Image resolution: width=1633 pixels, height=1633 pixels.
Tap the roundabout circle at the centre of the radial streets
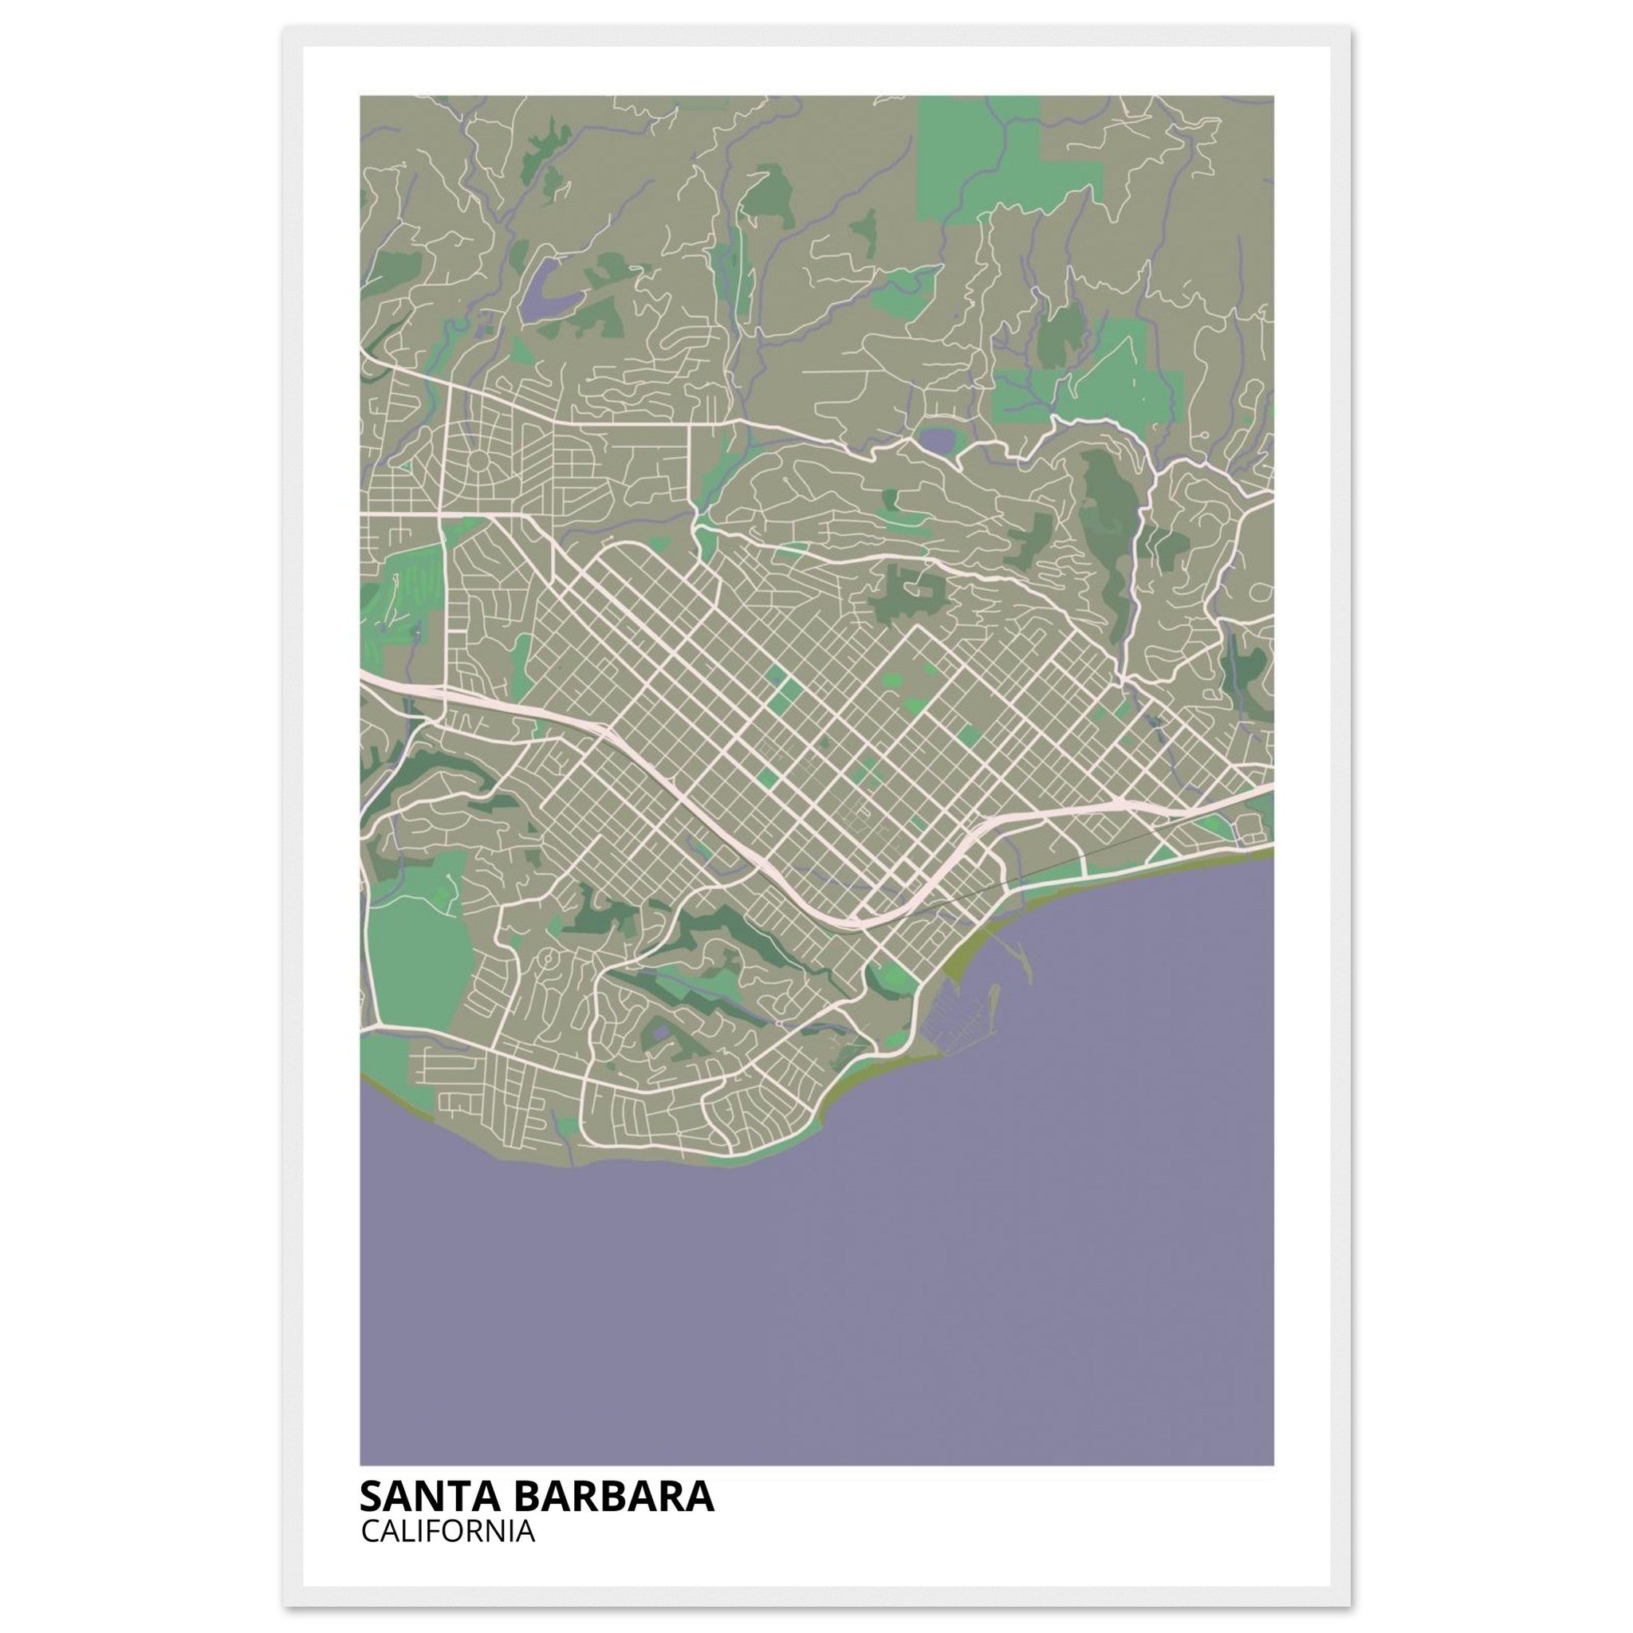[x=478, y=462]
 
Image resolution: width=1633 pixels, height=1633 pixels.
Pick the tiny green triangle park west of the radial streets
[x=407, y=464]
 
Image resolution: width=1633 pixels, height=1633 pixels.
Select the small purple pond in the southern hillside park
[x=658, y=1033]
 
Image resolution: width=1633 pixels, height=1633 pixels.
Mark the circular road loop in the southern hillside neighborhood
[x=549, y=958]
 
